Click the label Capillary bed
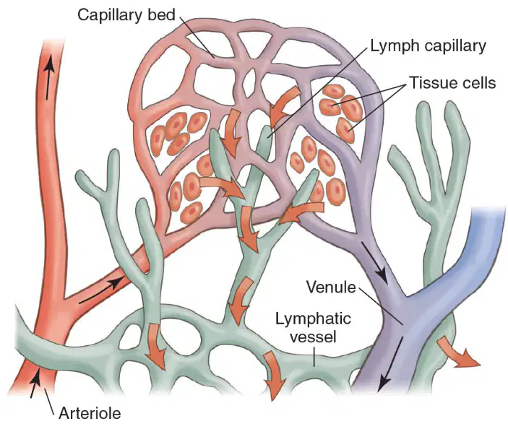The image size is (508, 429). [126, 15]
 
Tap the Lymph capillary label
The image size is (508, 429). [428, 46]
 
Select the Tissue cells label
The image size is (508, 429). [452, 82]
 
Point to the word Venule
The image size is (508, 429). [331, 287]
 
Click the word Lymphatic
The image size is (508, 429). [313, 318]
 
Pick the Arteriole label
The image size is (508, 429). [90, 413]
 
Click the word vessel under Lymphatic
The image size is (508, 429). [313, 337]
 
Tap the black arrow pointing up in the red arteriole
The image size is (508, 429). [48, 77]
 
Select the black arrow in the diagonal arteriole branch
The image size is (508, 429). [101, 290]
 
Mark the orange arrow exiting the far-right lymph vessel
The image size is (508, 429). [457, 352]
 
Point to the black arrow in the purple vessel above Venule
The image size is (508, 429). [374, 264]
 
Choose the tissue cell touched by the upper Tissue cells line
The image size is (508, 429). [330, 106]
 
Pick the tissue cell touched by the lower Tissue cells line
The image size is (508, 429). [345, 130]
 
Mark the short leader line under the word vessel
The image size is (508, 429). [314, 356]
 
